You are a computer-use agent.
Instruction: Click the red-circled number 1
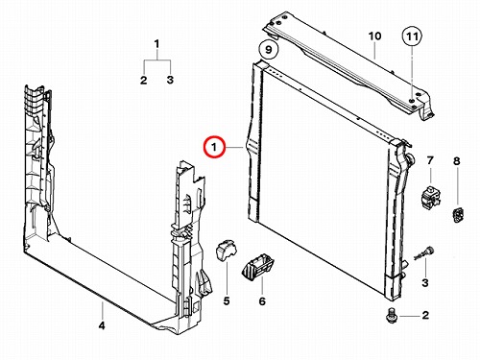click(x=214, y=147)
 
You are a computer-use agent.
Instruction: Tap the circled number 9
click(x=269, y=50)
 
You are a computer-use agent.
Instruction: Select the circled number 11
click(x=412, y=36)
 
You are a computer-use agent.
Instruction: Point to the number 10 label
click(x=374, y=36)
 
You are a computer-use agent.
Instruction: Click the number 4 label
click(x=102, y=325)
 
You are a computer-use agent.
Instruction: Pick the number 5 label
click(x=227, y=300)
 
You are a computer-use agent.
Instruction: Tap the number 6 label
click(x=262, y=301)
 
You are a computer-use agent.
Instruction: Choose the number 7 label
click(x=430, y=160)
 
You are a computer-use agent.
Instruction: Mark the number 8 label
click(x=457, y=161)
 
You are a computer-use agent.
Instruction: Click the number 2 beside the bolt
click(x=425, y=315)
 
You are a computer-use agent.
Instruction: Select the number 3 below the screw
click(x=425, y=282)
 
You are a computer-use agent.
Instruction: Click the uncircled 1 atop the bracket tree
click(x=156, y=43)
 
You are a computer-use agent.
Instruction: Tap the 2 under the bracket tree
click(x=144, y=80)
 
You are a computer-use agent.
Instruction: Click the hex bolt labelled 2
click(x=391, y=315)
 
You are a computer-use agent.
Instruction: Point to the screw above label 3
click(x=423, y=253)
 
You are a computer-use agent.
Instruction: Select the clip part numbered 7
click(x=430, y=197)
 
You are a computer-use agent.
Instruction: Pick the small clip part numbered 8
click(x=458, y=215)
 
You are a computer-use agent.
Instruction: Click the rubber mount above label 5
click(x=226, y=250)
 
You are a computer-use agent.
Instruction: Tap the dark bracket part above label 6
click(x=257, y=267)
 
